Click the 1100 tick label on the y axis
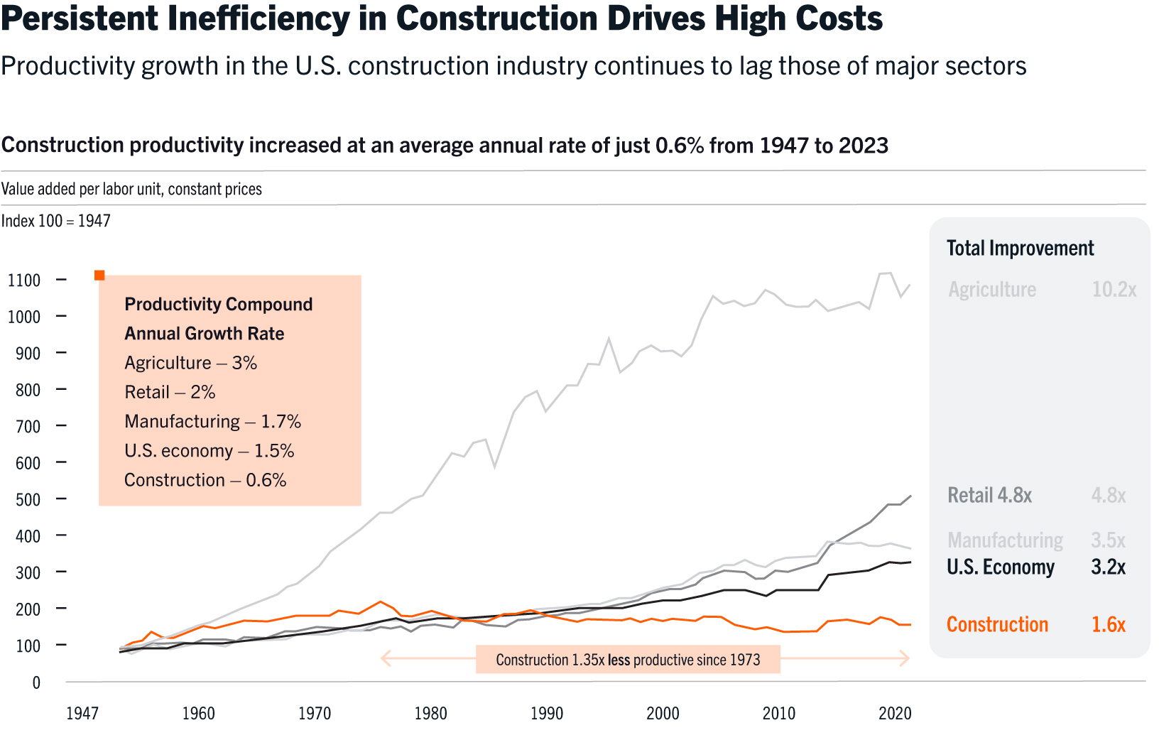24,281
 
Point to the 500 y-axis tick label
28,500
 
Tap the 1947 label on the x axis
82,714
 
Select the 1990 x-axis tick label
547,714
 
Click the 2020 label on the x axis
895,714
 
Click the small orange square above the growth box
99,275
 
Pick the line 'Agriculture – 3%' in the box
190,363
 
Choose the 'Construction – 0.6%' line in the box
205,480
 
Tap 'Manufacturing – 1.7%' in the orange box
212,422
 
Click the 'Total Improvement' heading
1020,249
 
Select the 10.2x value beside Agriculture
1114,290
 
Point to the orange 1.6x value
1108,625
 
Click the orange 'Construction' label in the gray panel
997,625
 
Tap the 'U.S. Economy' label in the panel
1001,567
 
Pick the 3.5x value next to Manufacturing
1108,540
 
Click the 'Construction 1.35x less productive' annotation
628,660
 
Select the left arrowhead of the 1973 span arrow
386,659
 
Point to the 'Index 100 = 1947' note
55,221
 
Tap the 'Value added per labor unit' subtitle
131,189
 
